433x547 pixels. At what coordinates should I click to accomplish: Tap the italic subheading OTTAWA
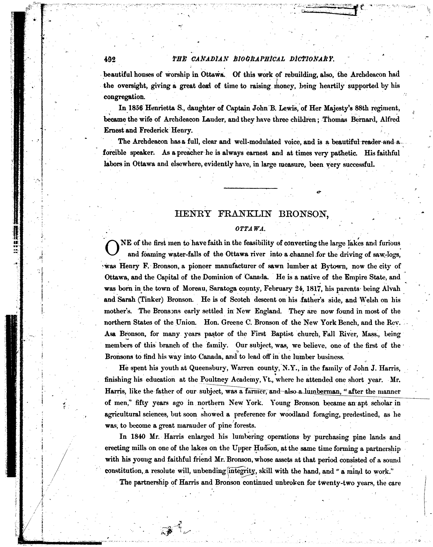click(250, 229)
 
